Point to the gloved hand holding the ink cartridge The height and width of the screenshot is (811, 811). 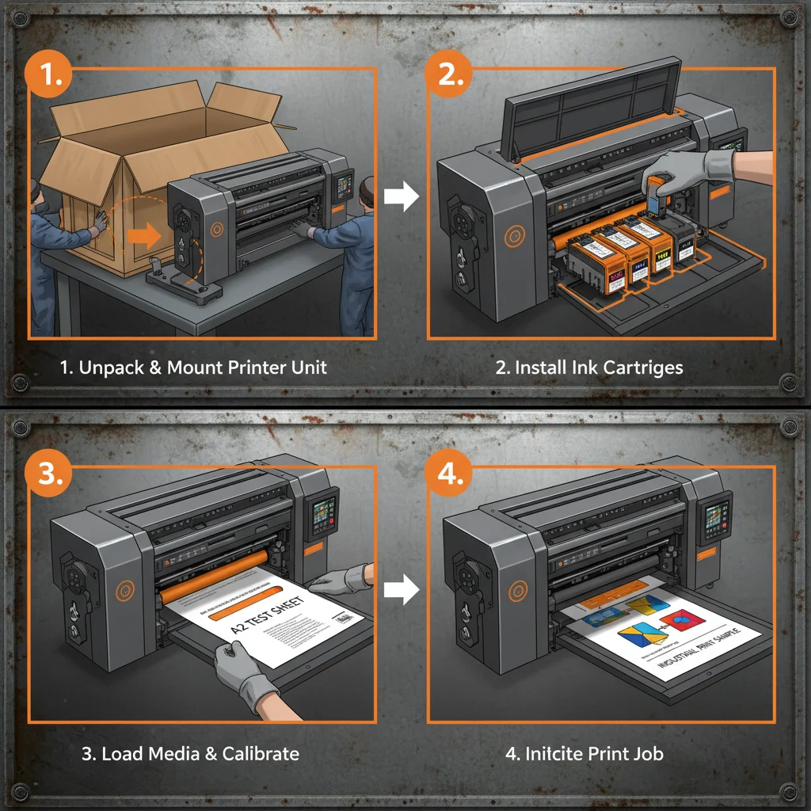coord(686,169)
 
